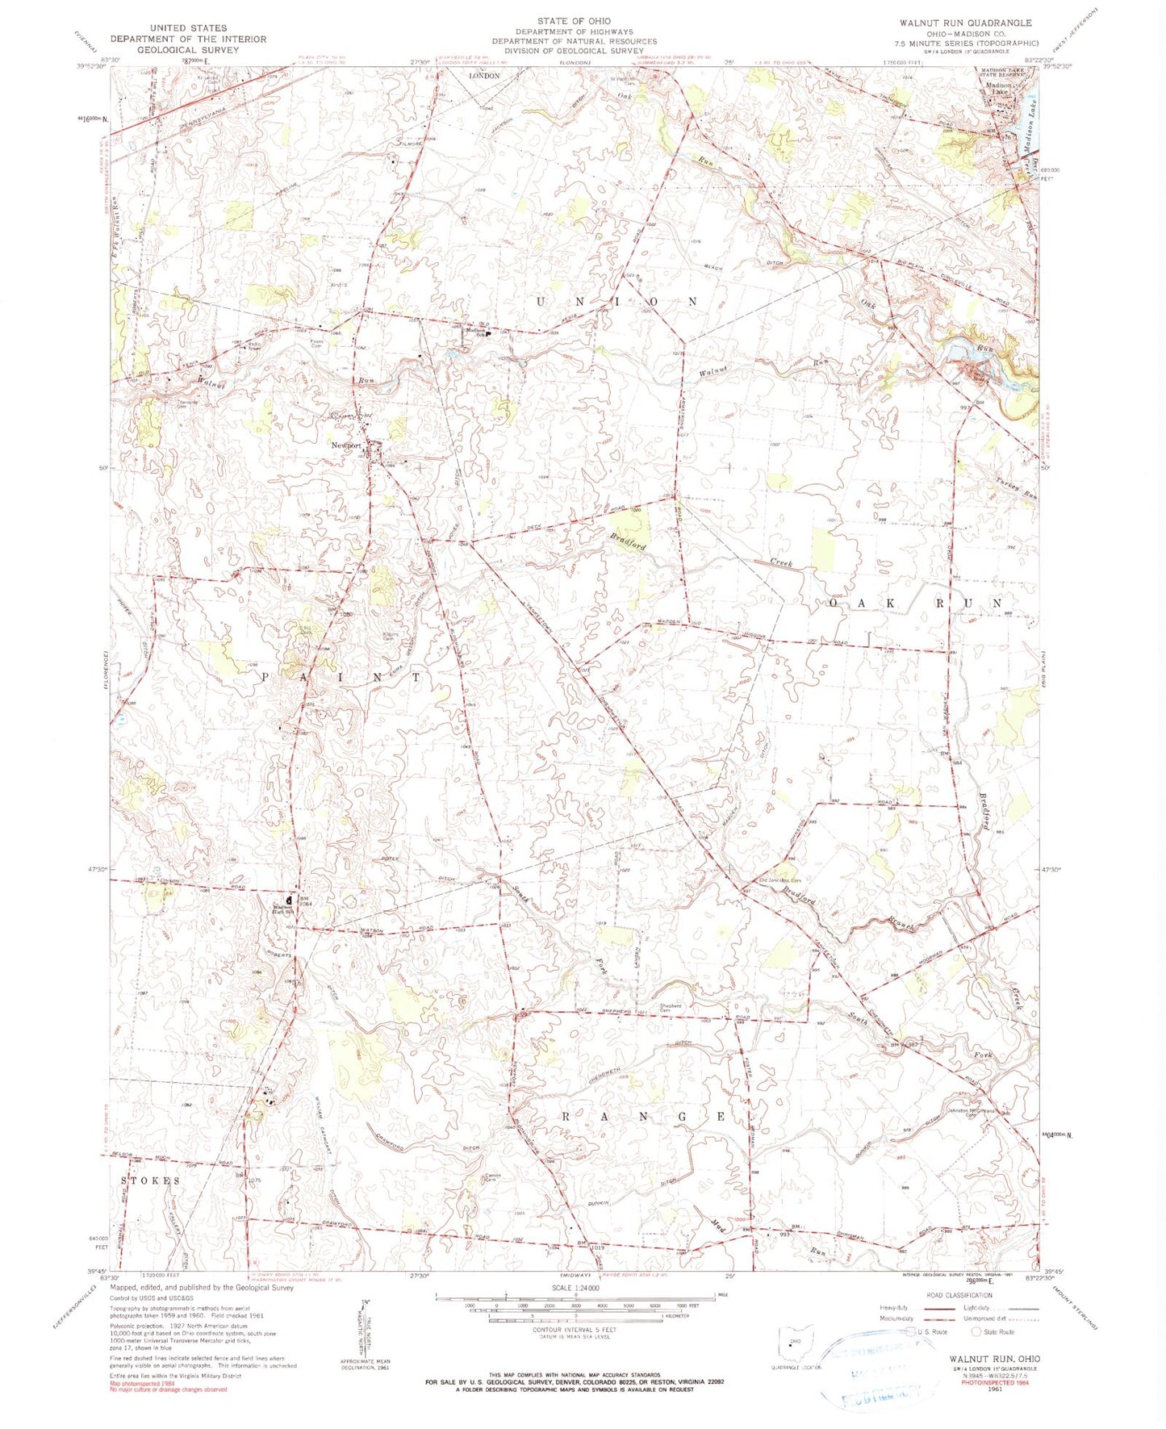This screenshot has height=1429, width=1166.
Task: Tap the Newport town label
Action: click(x=346, y=445)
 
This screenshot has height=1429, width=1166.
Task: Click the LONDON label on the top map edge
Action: click(x=485, y=76)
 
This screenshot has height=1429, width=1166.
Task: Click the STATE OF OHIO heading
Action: click(x=574, y=21)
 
